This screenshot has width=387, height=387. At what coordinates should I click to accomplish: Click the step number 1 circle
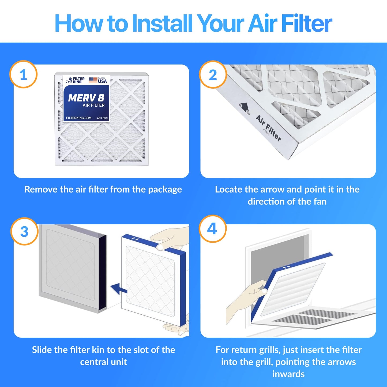[23, 74]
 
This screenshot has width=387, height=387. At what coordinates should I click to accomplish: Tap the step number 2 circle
[213, 74]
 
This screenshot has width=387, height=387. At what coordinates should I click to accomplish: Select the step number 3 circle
[24, 231]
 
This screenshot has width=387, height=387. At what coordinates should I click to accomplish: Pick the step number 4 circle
[212, 229]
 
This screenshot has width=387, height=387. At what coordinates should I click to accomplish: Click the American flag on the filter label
[93, 80]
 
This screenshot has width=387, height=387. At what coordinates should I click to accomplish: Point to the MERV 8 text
[86, 98]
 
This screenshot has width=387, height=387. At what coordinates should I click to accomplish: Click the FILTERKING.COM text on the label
[79, 118]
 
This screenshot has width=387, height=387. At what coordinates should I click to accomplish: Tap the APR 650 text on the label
[102, 118]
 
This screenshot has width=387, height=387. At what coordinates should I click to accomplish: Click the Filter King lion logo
[69, 80]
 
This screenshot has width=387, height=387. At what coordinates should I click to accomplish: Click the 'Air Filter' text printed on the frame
[268, 128]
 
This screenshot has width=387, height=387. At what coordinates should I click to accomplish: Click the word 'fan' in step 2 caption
[320, 201]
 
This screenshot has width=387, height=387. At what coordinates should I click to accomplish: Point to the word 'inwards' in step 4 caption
[288, 374]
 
